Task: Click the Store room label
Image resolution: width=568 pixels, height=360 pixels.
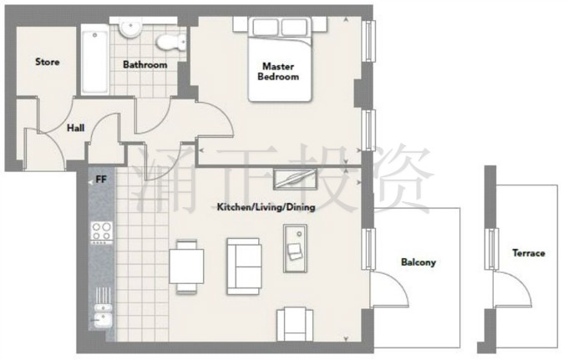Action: click(48, 62)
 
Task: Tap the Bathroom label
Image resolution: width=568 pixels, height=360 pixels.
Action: click(145, 65)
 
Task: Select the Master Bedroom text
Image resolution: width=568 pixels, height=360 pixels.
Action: click(278, 71)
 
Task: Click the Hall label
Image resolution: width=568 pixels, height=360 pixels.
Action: click(76, 128)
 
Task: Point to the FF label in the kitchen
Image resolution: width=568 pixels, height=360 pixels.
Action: click(101, 180)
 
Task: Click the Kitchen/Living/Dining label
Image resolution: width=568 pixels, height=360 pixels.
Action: click(266, 207)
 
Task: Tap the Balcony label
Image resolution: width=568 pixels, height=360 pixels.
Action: click(418, 262)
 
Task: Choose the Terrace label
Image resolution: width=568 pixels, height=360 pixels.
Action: click(529, 253)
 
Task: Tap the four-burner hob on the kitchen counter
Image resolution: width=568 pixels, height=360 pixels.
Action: click(101, 232)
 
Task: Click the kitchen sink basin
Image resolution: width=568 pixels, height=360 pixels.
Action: click(104, 319)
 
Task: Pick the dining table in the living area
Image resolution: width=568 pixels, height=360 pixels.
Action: click(186, 266)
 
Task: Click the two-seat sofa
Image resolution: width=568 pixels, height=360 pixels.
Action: click(244, 266)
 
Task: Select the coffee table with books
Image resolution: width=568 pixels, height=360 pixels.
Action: click(295, 248)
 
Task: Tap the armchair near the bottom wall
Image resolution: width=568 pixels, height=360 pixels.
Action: click(295, 324)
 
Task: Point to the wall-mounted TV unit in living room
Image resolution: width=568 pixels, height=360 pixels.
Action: click(295, 179)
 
